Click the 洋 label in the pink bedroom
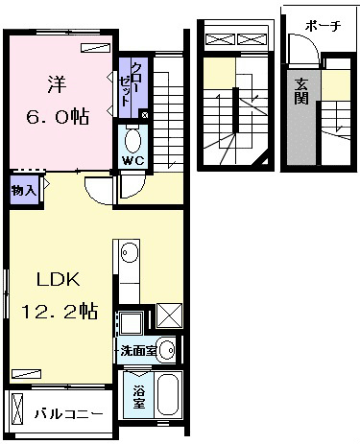coord(58,84)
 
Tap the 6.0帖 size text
coord(58,117)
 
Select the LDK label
coord(59,280)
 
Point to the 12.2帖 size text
coord(60,311)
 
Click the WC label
coord(133,161)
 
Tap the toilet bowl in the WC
coord(133,141)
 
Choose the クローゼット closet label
coord(131,84)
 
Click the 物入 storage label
coord(23,191)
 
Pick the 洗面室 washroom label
coord(138,351)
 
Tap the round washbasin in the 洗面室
coord(167,350)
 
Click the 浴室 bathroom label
coord(139,397)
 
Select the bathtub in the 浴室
coord(169,395)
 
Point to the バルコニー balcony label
coord(69,414)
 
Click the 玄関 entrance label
coord(301,92)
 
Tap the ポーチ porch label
coord(323,26)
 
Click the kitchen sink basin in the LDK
coord(130,252)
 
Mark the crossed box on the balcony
coord(17,407)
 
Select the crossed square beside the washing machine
coord(169,315)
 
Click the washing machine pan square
coord(131,323)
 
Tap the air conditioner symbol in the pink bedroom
coord(95,47)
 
